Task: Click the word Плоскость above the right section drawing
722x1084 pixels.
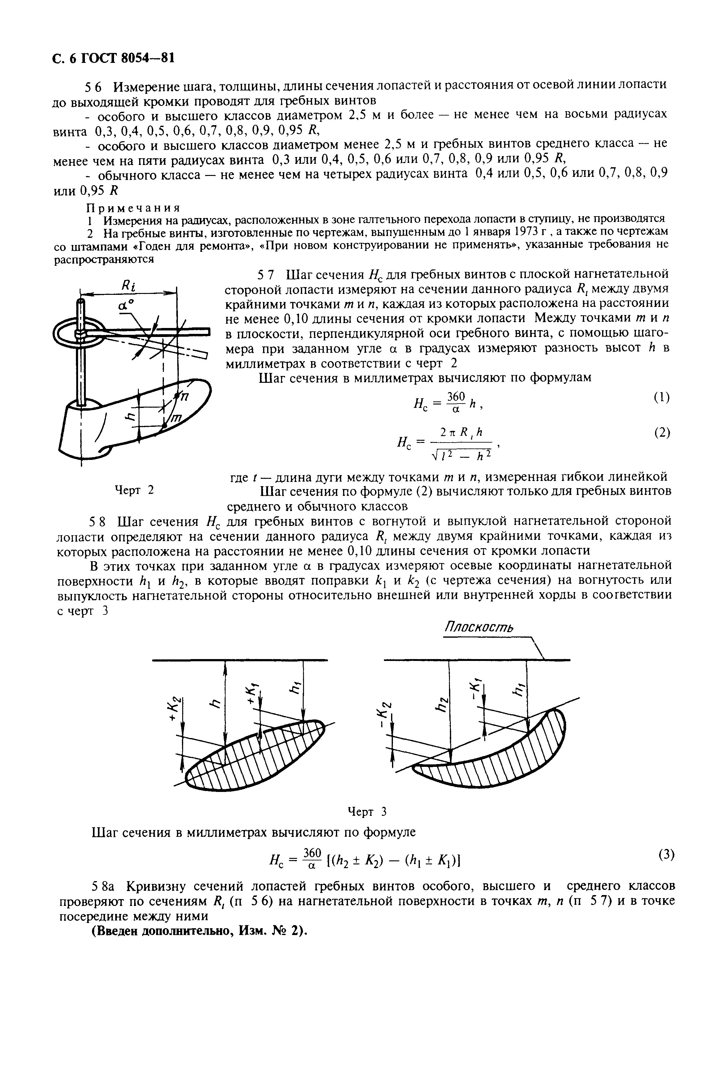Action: [479, 627]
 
